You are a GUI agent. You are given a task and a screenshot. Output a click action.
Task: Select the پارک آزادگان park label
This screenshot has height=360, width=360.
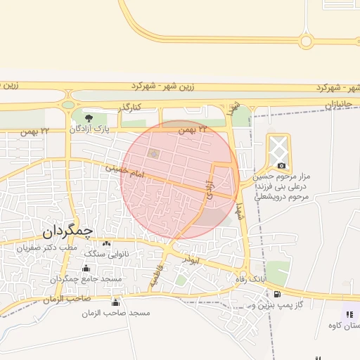91,129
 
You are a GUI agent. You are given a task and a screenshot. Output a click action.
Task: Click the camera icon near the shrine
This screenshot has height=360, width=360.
281,165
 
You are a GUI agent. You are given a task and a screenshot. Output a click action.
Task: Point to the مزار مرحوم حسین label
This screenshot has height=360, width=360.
286,178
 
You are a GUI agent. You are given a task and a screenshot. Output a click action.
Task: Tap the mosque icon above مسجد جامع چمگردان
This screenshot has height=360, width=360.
86,268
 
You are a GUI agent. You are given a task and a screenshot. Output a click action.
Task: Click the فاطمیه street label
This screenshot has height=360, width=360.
156,276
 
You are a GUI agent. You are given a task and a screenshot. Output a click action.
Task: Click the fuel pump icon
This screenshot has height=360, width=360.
278,294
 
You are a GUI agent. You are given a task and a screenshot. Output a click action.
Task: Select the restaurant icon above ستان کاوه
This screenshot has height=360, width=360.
349,314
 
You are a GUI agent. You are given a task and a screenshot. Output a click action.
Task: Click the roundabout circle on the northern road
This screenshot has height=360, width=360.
306,41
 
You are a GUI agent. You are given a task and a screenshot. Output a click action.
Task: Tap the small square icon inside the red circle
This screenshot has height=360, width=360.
154,153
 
